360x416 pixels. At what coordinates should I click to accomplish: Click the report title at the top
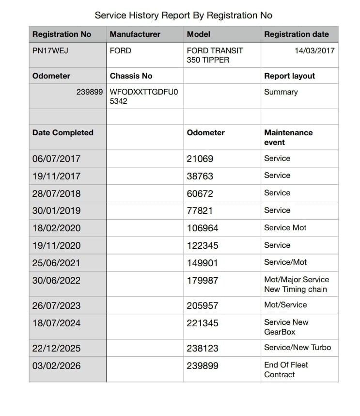[x=183, y=15]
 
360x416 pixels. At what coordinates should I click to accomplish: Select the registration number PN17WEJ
[x=50, y=50]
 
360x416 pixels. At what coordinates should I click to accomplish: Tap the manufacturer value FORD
[x=121, y=50]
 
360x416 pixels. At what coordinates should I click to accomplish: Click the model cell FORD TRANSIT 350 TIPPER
[x=215, y=55]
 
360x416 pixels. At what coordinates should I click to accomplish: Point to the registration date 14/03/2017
[x=314, y=50]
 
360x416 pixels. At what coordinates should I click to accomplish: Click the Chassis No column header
[x=131, y=76]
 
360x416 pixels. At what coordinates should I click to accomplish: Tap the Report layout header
[x=289, y=76]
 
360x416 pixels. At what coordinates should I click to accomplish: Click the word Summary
[x=281, y=92]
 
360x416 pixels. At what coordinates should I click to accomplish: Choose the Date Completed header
[x=63, y=133]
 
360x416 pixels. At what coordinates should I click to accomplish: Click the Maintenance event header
[x=288, y=138]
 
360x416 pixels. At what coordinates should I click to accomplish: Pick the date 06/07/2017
[x=56, y=159]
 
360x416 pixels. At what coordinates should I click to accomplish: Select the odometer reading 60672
[x=200, y=193]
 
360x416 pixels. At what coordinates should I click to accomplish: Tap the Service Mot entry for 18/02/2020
[x=285, y=227]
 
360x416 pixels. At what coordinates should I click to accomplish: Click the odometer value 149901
[x=202, y=263]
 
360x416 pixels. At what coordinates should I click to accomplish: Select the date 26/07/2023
[x=56, y=306]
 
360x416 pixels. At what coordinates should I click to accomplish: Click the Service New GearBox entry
[x=286, y=327]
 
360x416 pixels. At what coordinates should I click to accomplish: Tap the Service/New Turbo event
[x=297, y=348]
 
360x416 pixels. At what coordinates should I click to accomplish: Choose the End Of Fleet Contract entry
[x=286, y=370]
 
